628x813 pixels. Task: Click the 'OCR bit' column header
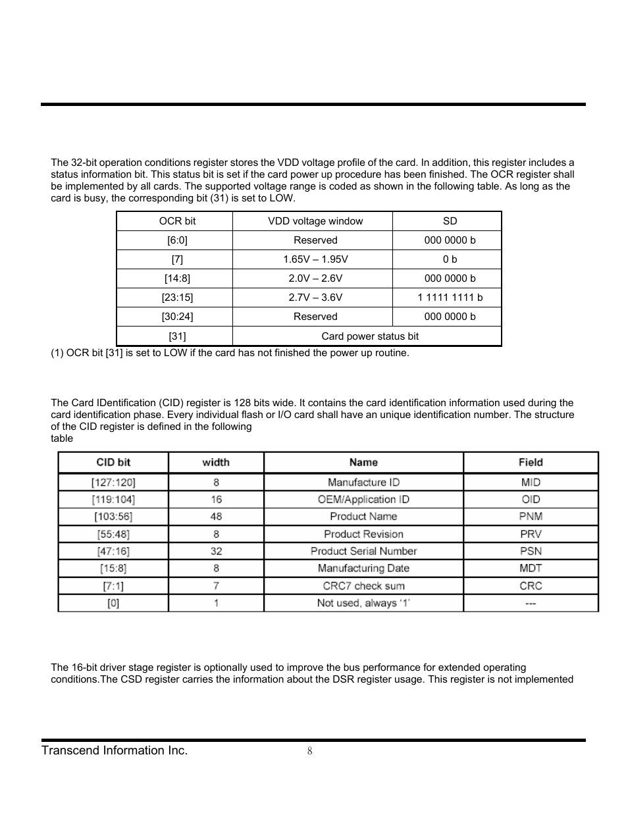click(177, 221)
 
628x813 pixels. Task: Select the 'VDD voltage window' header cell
click(315, 221)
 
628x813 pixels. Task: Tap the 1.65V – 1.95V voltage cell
click(315, 259)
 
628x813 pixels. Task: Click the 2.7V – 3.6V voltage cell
click(315, 298)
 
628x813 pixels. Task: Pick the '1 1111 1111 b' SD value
click(450, 298)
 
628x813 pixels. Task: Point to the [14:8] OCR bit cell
click(177, 278)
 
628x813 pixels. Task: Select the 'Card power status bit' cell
click(369, 336)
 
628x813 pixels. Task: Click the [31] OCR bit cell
click(177, 336)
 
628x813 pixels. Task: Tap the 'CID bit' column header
click(113, 463)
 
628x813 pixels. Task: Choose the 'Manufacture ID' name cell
click(363, 483)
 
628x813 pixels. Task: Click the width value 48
click(216, 517)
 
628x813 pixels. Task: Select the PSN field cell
click(531, 552)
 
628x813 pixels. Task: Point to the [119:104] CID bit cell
click(113, 500)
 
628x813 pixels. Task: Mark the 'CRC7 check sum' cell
click(363, 586)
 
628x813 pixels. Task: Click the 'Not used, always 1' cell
click(363, 603)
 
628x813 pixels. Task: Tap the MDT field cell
click(531, 569)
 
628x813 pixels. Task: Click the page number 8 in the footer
click(309, 752)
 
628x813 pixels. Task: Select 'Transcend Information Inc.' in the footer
click(115, 751)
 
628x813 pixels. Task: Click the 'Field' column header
click(531, 463)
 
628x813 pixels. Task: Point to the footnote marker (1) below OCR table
click(57, 353)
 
